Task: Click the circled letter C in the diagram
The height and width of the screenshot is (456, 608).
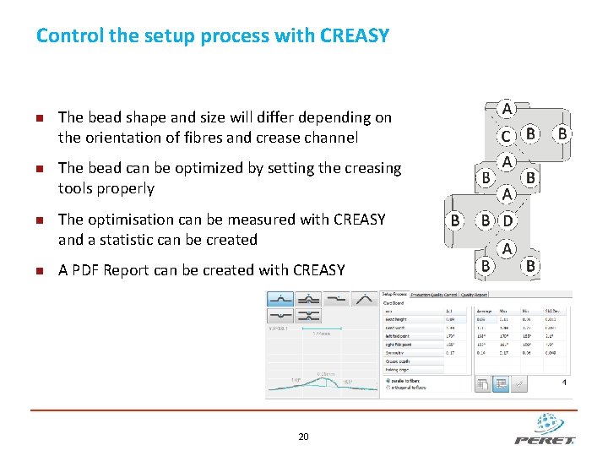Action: coord(505,136)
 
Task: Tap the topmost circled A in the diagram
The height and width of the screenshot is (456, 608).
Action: coord(507,109)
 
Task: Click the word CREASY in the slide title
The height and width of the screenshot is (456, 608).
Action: coord(355,35)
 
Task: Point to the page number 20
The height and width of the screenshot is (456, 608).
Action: coord(303,437)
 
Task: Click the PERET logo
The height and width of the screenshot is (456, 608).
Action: coord(545,430)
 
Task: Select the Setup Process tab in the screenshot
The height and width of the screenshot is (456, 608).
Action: coord(394,294)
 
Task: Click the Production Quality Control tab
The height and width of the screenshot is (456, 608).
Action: coord(433,294)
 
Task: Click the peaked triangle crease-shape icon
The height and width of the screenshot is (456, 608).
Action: coord(365,299)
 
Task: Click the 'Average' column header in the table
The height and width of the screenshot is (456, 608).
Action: coord(484,311)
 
